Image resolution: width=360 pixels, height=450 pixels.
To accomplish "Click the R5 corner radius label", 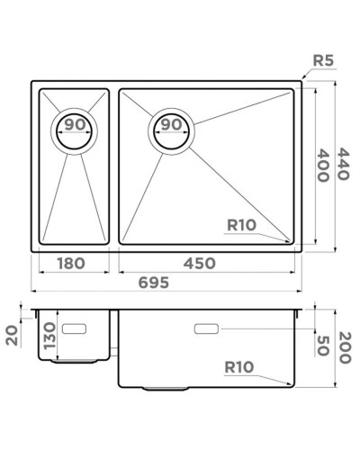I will (x=324, y=61).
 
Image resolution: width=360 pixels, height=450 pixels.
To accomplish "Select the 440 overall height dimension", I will (x=341, y=166).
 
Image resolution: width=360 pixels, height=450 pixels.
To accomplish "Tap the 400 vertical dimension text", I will (x=321, y=165).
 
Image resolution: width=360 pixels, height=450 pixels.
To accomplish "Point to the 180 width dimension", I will (x=70, y=264).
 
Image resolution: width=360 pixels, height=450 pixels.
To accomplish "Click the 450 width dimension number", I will (x=205, y=264).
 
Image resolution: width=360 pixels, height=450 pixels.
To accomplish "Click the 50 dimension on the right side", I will (x=321, y=344).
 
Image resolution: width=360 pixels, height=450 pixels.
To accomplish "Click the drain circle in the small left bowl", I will (x=76, y=129).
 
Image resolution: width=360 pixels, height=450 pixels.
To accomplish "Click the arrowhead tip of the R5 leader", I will (x=301, y=82).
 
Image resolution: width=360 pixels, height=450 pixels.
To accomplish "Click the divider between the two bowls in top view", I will (x=114, y=166).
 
